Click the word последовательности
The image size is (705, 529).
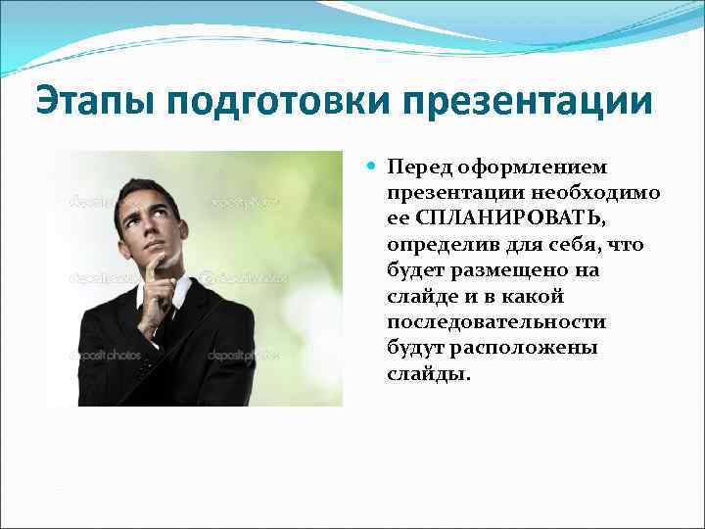click(x=495, y=322)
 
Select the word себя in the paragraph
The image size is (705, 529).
click(x=584, y=244)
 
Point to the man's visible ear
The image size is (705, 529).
click(x=182, y=227)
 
